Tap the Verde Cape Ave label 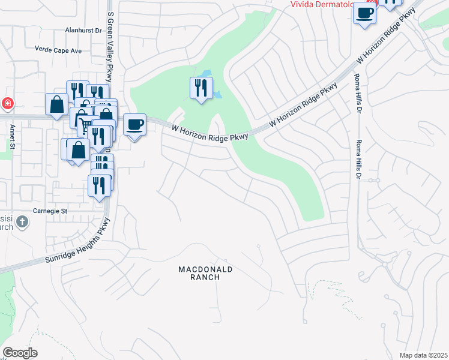[x=58, y=50]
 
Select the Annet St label [x=11, y=136]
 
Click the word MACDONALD [x=205, y=270]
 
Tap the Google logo [x=20, y=353]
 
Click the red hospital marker [x=7, y=103]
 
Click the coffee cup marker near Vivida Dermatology [x=364, y=13]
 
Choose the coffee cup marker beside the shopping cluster [x=134, y=125]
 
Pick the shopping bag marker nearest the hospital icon [x=56, y=104]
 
